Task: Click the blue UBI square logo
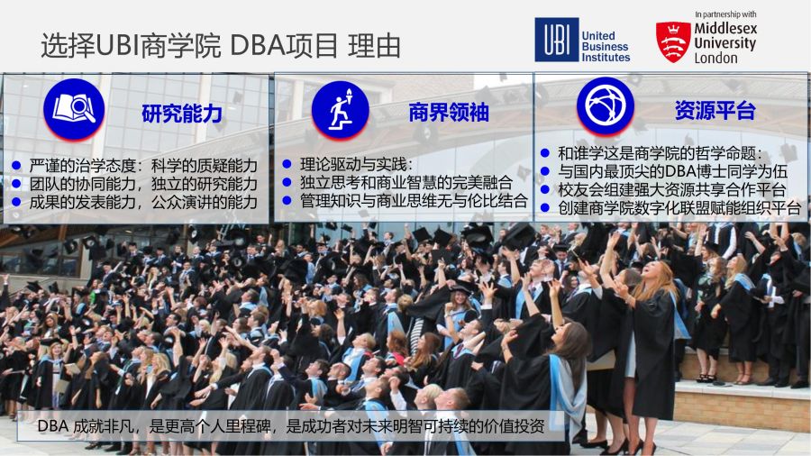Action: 556,40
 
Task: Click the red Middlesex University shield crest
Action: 673,41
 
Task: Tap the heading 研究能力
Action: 181,114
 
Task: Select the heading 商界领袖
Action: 449,112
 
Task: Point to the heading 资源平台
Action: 715,110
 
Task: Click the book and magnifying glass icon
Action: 74,109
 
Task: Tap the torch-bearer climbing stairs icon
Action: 341,110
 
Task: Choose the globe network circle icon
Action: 606,106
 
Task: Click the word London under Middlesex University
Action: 715,58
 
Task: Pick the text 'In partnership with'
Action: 725,14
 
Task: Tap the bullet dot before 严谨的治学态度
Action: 16,166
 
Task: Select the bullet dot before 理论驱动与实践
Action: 287,164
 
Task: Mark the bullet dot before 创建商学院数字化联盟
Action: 544,208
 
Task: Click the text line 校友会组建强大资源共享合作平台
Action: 672,190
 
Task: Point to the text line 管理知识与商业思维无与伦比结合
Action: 414,201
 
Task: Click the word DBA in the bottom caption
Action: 53,426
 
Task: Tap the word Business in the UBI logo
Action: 605,47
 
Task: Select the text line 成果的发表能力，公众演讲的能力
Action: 143,202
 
